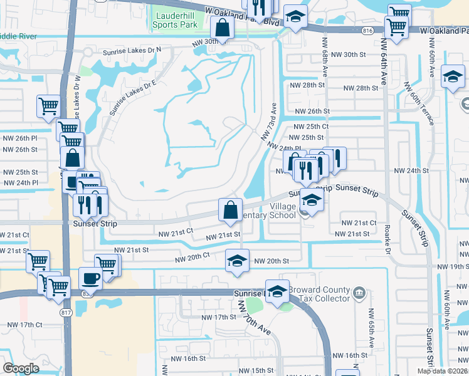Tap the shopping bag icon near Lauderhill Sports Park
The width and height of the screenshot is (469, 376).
click(223, 27)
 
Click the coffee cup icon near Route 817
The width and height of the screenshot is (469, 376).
click(90, 278)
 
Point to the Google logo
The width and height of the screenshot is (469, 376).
click(21, 368)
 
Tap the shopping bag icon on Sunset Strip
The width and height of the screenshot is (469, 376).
click(230, 209)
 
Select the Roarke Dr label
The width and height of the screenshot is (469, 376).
click(387, 239)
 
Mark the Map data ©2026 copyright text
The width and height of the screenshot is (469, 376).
click(441, 371)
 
